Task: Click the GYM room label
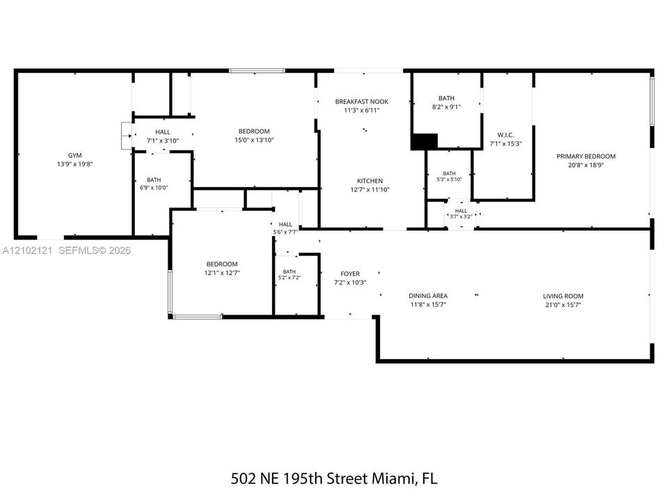pyautogui.click(x=75, y=155)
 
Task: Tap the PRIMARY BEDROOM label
pyautogui.click(x=586, y=157)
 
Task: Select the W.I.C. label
pyautogui.click(x=505, y=135)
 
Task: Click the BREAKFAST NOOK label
pyautogui.click(x=362, y=102)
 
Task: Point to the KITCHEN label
pyautogui.click(x=369, y=181)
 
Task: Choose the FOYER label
pyautogui.click(x=350, y=274)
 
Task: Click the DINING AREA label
pyautogui.click(x=428, y=296)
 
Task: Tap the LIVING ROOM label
pyautogui.click(x=563, y=296)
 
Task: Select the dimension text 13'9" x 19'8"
pyautogui.click(x=75, y=164)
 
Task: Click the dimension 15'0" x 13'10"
pyautogui.click(x=255, y=140)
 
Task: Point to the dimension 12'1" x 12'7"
pyautogui.click(x=222, y=273)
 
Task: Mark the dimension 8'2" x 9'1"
pyautogui.click(x=447, y=107)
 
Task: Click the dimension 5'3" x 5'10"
pyautogui.click(x=449, y=180)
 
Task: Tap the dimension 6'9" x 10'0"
pyautogui.click(x=154, y=187)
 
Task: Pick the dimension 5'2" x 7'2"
pyautogui.click(x=289, y=278)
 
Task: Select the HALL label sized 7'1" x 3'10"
pyautogui.click(x=163, y=132)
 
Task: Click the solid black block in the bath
pyautogui.click(x=424, y=141)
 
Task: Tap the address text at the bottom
pyautogui.click(x=334, y=479)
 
